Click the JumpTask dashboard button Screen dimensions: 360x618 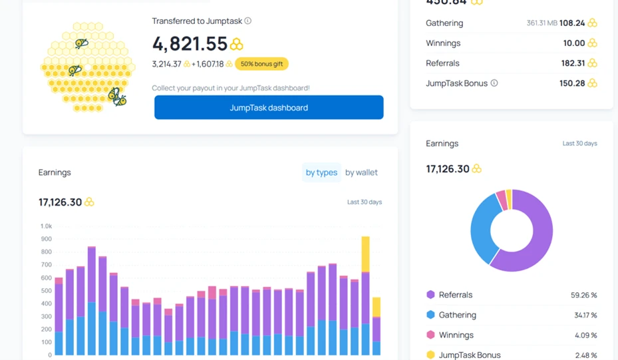pyautogui.click(x=269, y=108)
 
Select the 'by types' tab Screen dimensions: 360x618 pyautogui.click(x=321, y=172)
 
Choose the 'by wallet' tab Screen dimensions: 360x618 pyautogui.click(x=361, y=172)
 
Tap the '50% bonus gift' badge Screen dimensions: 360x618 pyautogui.click(x=261, y=64)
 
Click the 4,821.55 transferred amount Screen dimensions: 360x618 pyautogui.click(x=190, y=44)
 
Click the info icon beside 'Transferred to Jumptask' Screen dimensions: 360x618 pyautogui.click(x=248, y=21)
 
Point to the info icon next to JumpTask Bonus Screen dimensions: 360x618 pyautogui.click(x=494, y=83)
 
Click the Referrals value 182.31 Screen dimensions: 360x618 pyautogui.click(x=573, y=63)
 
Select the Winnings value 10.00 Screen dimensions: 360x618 pyautogui.click(x=574, y=43)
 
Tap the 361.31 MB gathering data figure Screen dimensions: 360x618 pyautogui.click(x=541, y=23)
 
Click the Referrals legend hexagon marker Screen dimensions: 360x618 pyautogui.click(x=430, y=295)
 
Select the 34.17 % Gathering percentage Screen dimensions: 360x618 pyautogui.click(x=584, y=315)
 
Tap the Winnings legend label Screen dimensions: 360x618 pyautogui.click(x=456, y=335)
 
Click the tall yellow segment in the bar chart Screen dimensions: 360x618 pyautogui.click(x=365, y=254)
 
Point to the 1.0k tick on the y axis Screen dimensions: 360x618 pyautogui.click(x=45, y=226)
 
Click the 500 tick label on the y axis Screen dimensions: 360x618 pyautogui.click(x=46, y=291)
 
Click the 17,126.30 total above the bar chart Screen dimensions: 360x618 pyautogui.click(x=61, y=202)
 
